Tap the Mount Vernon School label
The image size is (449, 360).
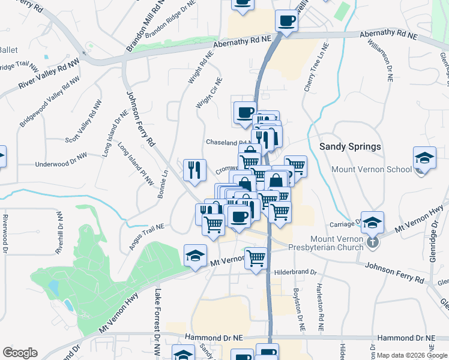pyautogui.click(x=372, y=170)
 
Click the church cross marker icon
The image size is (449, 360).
pyautogui.click(x=373, y=242)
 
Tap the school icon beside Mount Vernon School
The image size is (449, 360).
pyautogui.click(x=424, y=158)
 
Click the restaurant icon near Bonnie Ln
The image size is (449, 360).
pyautogui.click(x=194, y=170)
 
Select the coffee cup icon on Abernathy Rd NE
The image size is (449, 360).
pyautogui.click(x=286, y=22)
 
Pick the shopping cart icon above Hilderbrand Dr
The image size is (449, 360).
pyautogui.click(x=256, y=258)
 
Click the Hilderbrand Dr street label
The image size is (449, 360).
pyautogui.click(x=295, y=272)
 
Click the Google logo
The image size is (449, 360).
pyautogui.click(x=20, y=353)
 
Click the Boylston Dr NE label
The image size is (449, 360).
pyautogui.click(x=299, y=311)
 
